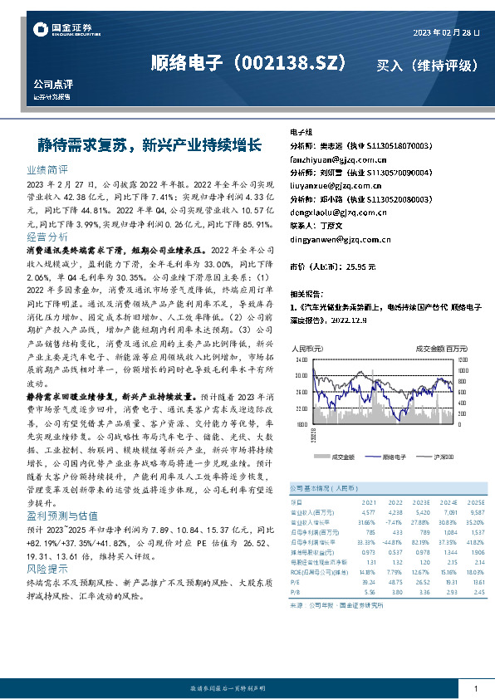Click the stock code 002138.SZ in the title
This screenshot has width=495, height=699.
click(293, 64)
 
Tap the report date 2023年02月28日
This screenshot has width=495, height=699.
click(446, 32)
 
